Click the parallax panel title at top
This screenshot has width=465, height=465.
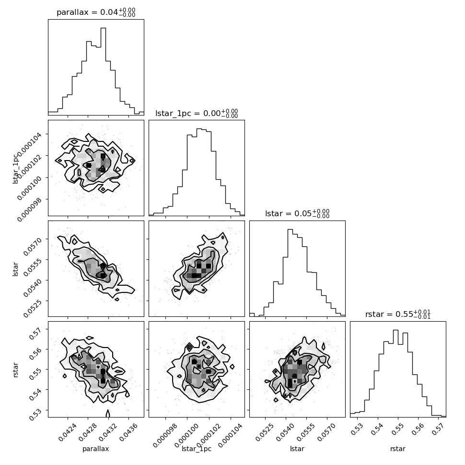click(96, 12)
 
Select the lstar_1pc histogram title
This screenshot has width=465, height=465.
click(197, 113)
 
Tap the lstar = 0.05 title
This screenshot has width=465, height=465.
click(297, 213)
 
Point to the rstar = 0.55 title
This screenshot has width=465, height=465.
click(398, 314)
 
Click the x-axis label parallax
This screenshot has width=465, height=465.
click(96, 449)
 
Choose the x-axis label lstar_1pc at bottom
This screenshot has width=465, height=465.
click(197, 449)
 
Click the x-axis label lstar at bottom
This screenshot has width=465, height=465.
click(297, 449)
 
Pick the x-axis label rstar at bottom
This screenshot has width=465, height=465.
click(398, 449)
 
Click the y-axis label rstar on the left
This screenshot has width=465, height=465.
click(16, 370)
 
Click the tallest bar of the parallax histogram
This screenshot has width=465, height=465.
click(103, 71)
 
